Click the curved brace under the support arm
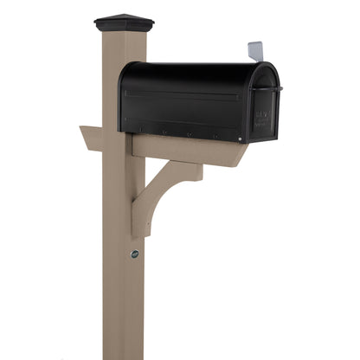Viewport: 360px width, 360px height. [x=156, y=192]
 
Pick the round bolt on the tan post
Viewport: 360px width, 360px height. [x=134, y=254]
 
